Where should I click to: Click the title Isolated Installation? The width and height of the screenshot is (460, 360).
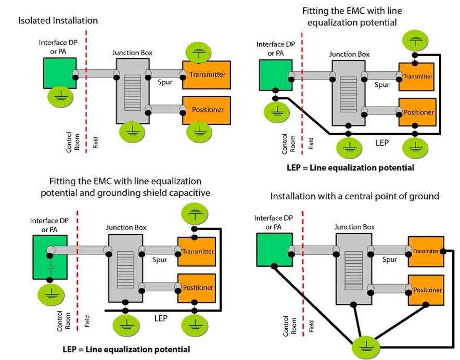58,21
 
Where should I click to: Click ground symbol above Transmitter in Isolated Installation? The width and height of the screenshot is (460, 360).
199,52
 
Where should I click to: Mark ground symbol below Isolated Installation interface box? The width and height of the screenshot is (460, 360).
62,97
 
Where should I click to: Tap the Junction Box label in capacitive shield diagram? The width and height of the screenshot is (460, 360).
126,227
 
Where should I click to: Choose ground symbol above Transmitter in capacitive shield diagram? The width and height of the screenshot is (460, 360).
195,213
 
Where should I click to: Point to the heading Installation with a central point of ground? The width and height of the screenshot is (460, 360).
355,196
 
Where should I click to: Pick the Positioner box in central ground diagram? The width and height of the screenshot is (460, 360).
426,290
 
